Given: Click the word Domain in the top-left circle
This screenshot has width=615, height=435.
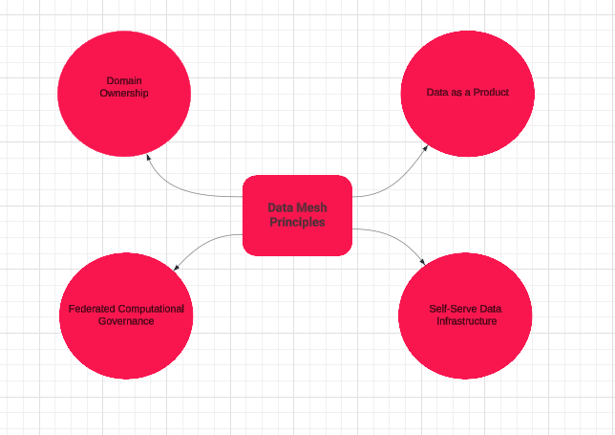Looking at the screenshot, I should point(124,81).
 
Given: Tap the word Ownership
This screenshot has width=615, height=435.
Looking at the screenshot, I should point(124,94).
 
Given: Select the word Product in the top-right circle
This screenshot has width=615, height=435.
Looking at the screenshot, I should point(490,93).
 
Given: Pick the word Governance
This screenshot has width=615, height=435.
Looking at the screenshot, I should point(126,321).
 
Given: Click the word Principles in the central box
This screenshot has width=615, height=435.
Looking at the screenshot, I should point(296,222).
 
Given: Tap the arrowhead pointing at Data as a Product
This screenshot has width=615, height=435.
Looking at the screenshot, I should point(425,148).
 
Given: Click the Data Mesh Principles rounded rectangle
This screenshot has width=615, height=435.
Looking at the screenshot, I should point(297,239).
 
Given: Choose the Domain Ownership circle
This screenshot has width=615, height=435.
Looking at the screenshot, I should point(124,124).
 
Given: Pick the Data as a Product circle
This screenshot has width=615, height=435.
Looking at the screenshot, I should point(467,124).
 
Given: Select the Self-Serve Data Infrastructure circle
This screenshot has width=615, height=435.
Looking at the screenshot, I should point(465,349).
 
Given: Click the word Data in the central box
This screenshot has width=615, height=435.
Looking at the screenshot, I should point(281,207).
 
